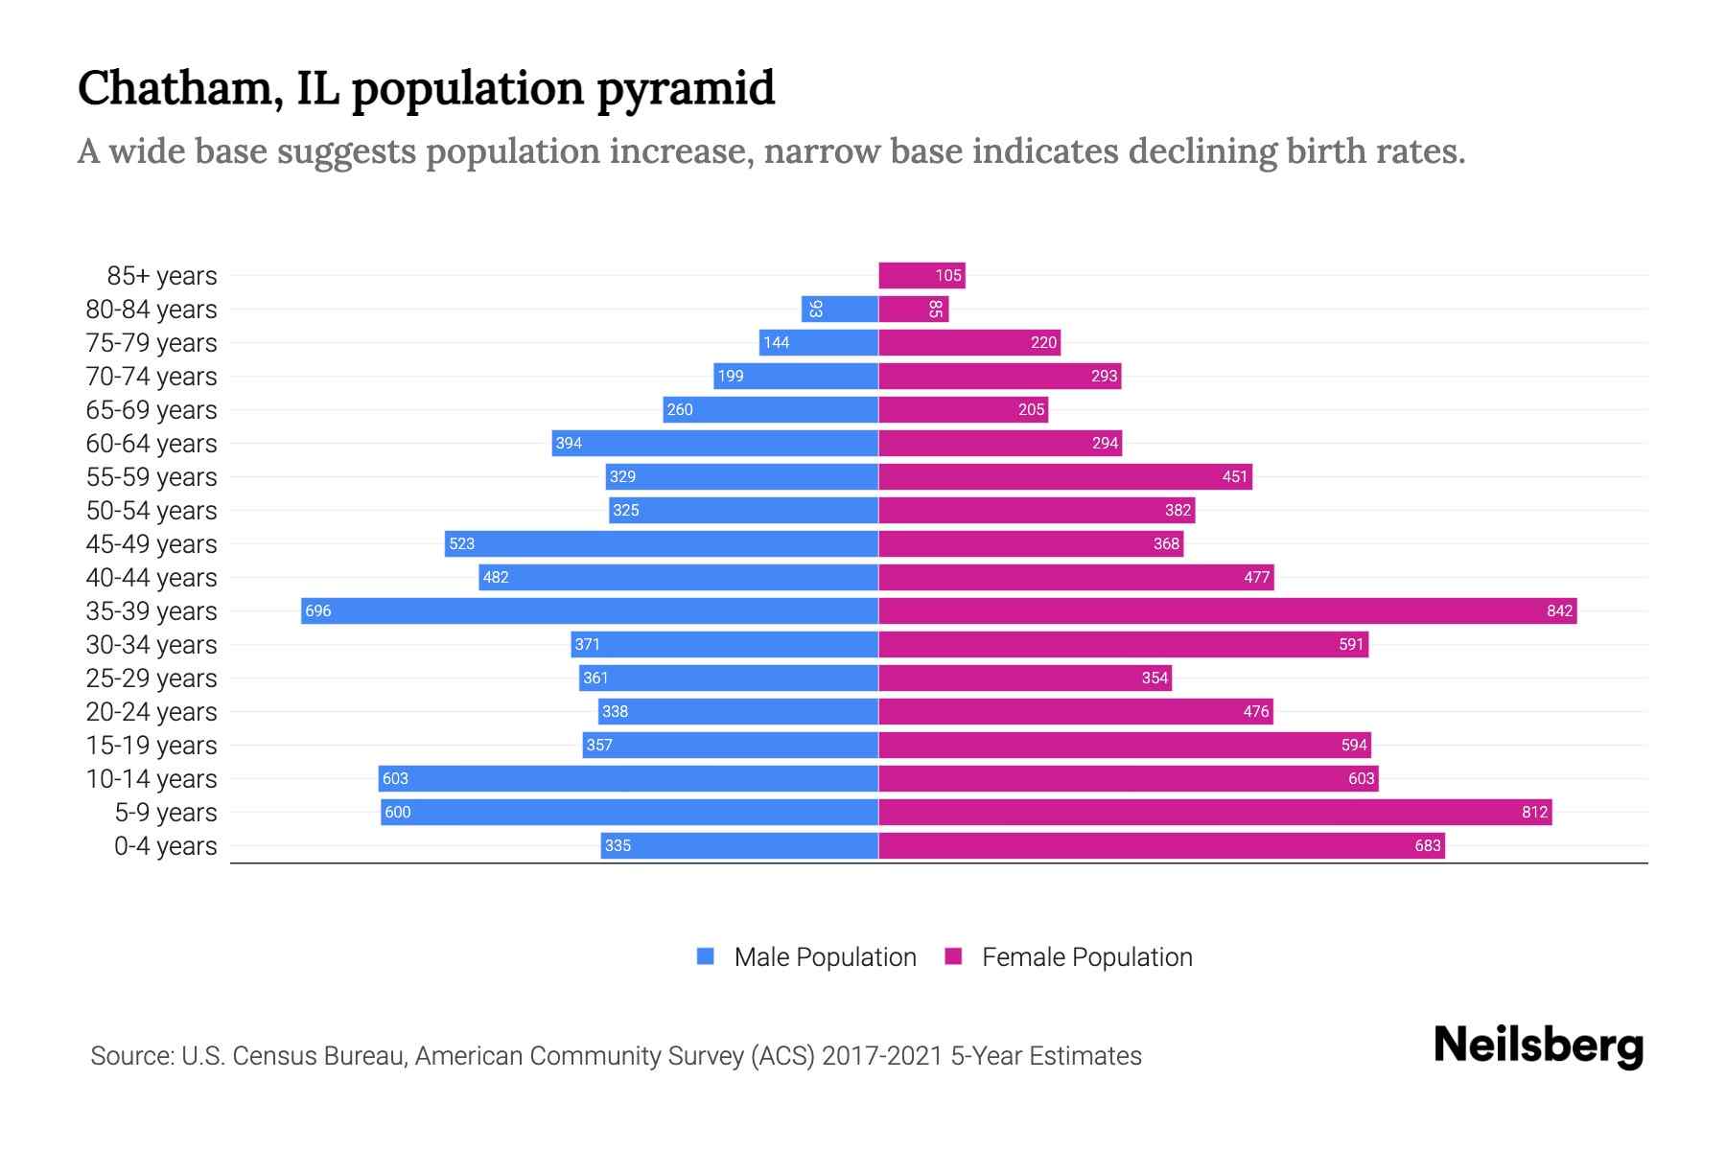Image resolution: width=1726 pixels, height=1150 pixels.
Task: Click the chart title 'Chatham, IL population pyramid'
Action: (426, 89)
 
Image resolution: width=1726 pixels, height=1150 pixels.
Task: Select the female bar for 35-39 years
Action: (1227, 610)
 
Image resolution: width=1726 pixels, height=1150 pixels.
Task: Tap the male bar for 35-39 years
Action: (590, 610)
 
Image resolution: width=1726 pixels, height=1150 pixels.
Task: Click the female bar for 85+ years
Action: (921, 275)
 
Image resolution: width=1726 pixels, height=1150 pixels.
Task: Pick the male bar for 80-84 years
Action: (840, 309)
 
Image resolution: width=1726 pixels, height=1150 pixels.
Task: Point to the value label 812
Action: (1534, 812)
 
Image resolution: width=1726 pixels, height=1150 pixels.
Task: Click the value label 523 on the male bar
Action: (462, 543)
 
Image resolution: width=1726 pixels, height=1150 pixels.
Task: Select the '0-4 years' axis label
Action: (165, 846)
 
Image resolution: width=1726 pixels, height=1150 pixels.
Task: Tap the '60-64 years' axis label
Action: (152, 444)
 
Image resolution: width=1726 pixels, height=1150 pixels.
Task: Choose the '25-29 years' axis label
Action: (152, 678)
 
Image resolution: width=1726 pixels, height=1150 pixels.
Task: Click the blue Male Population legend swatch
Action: (706, 956)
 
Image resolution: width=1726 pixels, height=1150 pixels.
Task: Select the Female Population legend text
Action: (1086, 957)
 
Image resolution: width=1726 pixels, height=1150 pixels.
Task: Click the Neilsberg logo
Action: (1538, 1046)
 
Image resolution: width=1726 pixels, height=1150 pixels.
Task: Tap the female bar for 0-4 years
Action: (1161, 845)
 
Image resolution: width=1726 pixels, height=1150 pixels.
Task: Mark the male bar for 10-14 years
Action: (628, 778)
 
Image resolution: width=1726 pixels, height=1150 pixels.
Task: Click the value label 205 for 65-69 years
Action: (1031, 409)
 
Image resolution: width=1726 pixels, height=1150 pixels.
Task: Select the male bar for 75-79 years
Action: (819, 342)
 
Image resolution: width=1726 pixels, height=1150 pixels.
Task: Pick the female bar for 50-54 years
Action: (1037, 510)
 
